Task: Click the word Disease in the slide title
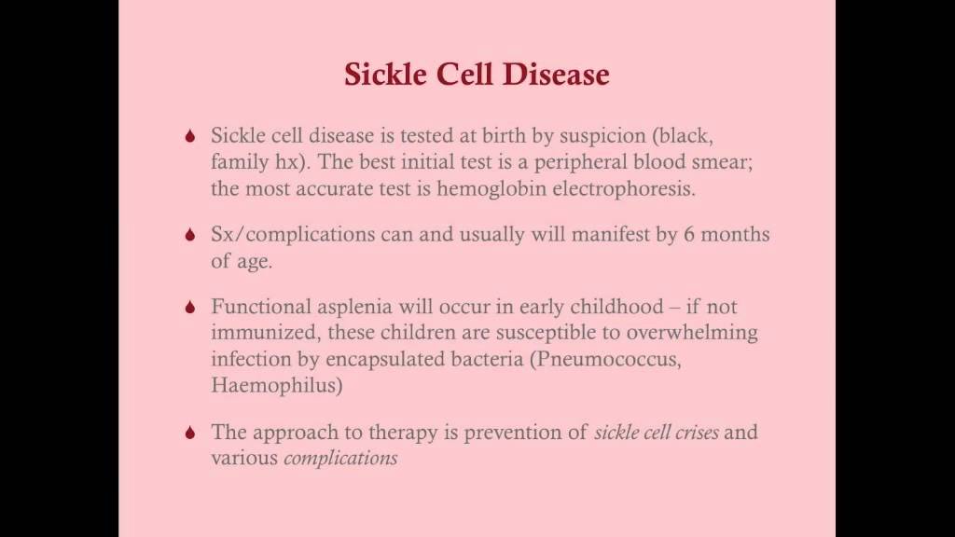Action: pyautogui.click(x=557, y=75)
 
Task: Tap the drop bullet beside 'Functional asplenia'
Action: pyautogui.click(x=191, y=307)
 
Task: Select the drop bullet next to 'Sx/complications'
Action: pyautogui.click(x=191, y=236)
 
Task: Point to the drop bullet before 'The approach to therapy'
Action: pyautogui.click(x=191, y=433)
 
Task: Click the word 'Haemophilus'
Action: pyautogui.click(x=264, y=385)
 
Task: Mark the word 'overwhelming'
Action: pyautogui.click(x=693, y=333)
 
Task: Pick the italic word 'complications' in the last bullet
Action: pyautogui.click(x=340, y=459)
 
